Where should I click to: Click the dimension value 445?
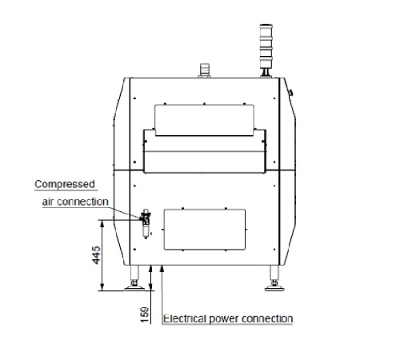97,255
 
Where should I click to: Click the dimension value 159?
145,314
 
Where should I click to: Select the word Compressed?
65,184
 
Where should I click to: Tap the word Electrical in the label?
185,318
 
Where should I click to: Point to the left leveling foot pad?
134,288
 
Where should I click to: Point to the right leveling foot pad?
274,288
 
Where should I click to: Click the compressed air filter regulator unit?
146,223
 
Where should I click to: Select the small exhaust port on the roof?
204,70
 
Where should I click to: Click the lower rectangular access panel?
205,230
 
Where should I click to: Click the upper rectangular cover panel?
204,120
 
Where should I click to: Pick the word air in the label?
48,202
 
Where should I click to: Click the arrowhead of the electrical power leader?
162,269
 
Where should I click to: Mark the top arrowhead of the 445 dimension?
102,223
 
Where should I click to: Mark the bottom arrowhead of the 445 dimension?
102,287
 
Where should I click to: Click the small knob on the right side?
291,92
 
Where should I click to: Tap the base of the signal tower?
266,73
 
